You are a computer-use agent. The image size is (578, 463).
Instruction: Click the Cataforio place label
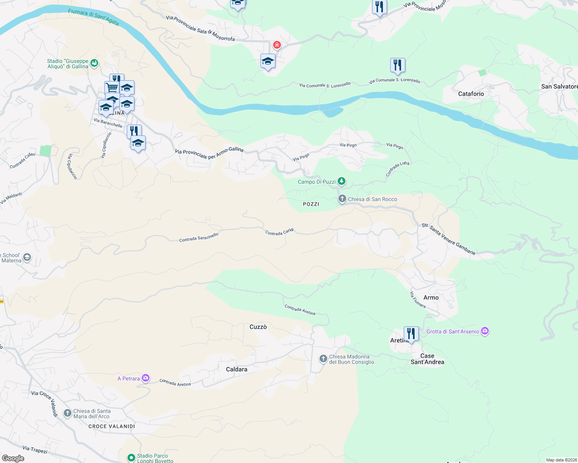(471, 94)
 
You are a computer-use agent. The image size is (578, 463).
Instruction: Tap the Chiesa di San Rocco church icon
(342, 199)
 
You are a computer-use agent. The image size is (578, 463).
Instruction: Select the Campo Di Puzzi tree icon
(341, 181)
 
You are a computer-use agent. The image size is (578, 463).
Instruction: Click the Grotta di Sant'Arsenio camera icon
(485, 331)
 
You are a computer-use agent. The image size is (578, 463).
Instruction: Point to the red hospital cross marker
(277, 45)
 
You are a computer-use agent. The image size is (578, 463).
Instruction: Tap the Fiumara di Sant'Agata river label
(93, 17)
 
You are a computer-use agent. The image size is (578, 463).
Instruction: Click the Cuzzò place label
(258, 327)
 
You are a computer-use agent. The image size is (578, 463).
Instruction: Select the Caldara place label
(236, 369)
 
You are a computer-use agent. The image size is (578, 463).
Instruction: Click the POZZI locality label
(311, 204)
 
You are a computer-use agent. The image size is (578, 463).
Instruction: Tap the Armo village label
(431, 297)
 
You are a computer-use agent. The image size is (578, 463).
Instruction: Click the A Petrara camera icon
(146, 378)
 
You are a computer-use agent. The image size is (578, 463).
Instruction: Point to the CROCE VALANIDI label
(112, 426)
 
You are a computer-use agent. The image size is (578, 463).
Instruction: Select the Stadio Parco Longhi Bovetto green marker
(131, 458)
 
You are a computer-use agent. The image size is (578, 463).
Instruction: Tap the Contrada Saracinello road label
(199, 237)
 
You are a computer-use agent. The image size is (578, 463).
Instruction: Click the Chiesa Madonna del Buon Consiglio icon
(323, 359)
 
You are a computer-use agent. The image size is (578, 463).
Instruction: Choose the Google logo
(13, 458)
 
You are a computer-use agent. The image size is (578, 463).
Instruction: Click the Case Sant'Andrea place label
(427, 359)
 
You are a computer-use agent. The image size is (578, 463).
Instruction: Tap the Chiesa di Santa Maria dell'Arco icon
(68, 414)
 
